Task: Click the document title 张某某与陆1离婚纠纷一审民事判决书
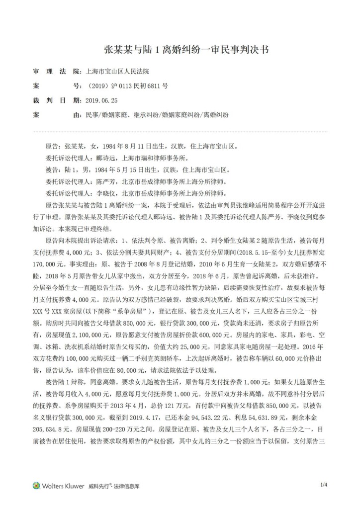pos(180,50)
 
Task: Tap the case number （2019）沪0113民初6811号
pos(127,86)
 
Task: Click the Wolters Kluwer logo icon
pos(36,485)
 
